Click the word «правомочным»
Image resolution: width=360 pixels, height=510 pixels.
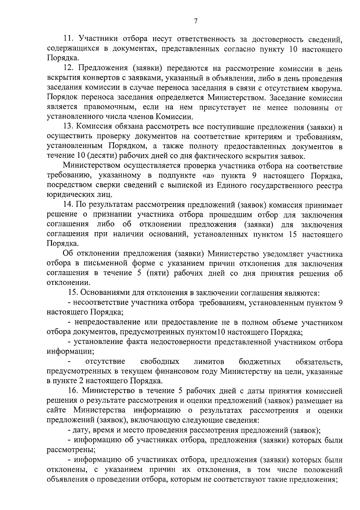tap(107, 107)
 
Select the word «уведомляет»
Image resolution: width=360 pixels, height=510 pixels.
tap(283, 254)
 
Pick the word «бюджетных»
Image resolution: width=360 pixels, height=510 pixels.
tap(260, 361)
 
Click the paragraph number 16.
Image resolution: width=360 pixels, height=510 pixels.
tap(73, 391)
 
